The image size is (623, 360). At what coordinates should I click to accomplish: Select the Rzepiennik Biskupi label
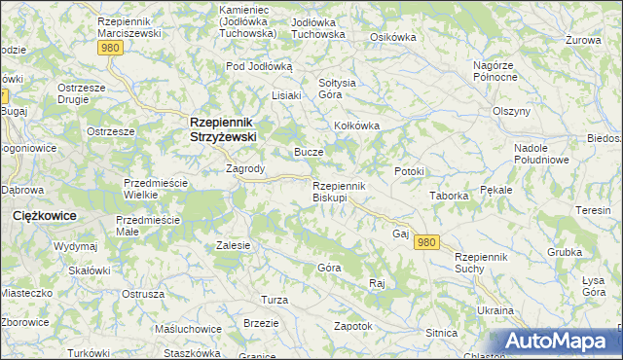pyautogui.click(x=338, y=192)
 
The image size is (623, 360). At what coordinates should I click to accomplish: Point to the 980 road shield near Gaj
pyautogui.click(x=426, y=242)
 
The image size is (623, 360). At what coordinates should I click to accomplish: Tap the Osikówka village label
pyautogui.click(x=393, y=37)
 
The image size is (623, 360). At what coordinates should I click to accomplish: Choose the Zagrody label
pyautogui.click(x=245, y=168)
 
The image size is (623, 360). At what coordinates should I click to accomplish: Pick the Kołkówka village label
pyautogui.click(x=356, y=126)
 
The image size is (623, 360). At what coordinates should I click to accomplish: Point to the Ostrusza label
pyautogui.click(x=142, y=293)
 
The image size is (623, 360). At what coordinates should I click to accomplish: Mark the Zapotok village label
pyautogui.click(x=353, y=326)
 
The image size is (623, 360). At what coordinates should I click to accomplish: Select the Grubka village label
pyautogui.click(x=564, y=251)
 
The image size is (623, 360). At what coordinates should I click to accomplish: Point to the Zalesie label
pyautogui.click(x=234, y=245)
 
